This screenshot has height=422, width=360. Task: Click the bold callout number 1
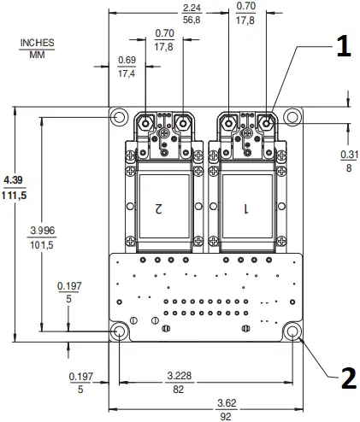click(x=341, y=48)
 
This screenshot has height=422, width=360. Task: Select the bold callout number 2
click(x=347, y=377)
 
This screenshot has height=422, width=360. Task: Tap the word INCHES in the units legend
click(x=37, y=43)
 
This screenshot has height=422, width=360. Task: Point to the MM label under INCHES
click(x=37, y=55)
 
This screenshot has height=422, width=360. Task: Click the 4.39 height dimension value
click(x=14, y=182)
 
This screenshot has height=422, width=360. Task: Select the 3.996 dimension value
click(x=43, y=232)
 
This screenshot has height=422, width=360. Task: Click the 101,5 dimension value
click(x=42, y=245)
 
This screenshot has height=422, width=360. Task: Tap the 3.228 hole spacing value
click(x=178, y=375)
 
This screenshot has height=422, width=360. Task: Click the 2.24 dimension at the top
click(x=192, y=8)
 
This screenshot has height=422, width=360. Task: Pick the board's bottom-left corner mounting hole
click(x=119, y=331)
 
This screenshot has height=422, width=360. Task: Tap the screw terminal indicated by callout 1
click(x=267, y=123)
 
